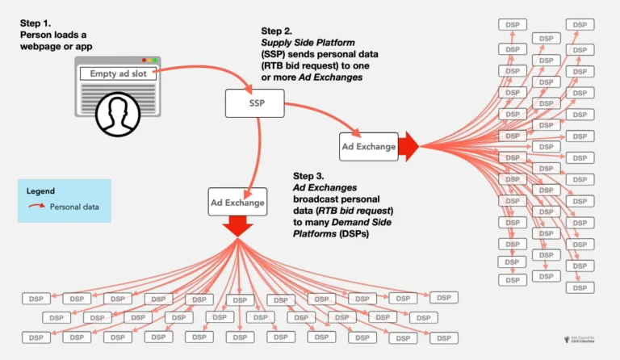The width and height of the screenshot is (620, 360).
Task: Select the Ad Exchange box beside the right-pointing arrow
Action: click(x=369, y=146)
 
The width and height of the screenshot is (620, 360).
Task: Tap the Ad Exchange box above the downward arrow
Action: click(x=237, y=202)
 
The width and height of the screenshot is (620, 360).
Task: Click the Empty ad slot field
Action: click(x=116, y=73)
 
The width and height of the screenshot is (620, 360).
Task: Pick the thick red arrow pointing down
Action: click(x=237, y=227)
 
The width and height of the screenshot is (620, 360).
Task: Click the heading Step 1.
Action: click(x=37, y=23)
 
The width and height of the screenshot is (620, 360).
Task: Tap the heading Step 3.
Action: click(x=310, y=176)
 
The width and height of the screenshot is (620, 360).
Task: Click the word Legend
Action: click(x=41, y=191)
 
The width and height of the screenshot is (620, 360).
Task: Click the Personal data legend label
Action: click(x=74, y=207)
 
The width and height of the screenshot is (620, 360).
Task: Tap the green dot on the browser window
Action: click(x=156, y=60)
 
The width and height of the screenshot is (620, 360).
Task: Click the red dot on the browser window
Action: click(x=144, y=60)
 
